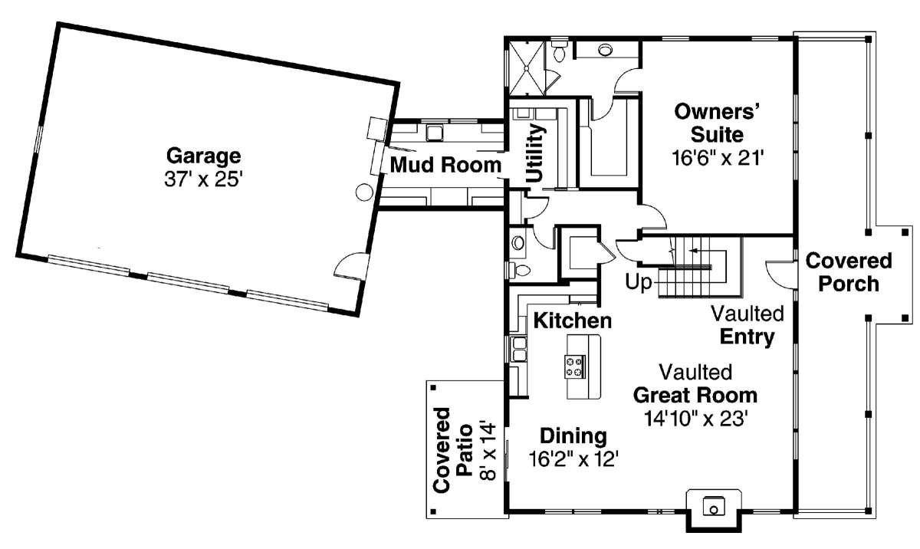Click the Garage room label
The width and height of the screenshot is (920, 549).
[x=204, y=156]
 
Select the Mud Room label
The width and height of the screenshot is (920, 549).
[x=445, y=165]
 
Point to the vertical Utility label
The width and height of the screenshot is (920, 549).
[x=536, y=153]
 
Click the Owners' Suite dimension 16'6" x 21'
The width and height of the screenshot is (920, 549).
[x=717, y=158]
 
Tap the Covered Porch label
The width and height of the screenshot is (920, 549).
[x=849, y=272]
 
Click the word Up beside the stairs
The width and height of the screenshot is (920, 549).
[x=638, y=282]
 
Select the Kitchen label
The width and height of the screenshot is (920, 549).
[x=573, y=321]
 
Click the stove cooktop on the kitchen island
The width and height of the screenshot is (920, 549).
[x=574, y=367]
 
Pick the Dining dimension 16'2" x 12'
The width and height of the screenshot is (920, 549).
[x=573, y=459]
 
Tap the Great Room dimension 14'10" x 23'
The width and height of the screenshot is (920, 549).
[x=695, y=419]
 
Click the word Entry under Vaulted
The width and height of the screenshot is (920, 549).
[x=747, y=337]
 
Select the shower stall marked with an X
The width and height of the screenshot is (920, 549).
[x=527, y=68]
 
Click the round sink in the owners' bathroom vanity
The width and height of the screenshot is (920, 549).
[x=605, y=51]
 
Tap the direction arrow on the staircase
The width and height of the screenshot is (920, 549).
[x=699, y=250]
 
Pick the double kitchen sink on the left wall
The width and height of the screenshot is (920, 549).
[x=519, y=349]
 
